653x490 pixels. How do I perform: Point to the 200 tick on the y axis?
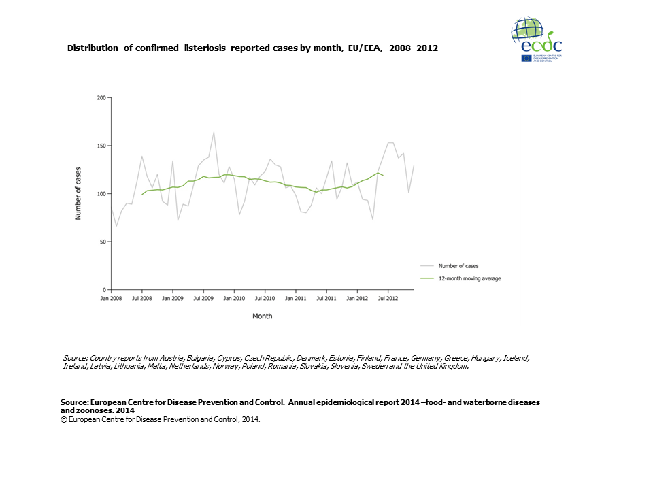pyautogui.click(x=101, y=98)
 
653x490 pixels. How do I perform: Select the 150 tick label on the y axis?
pyautogui.click(x=101, y=146)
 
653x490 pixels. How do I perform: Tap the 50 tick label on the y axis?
pyautogui.click(x=103, y=242)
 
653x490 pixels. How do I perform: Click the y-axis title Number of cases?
pyautogui.click(x=78, y=193)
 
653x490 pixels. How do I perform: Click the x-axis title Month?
pyautogui.click(x=262, y=316)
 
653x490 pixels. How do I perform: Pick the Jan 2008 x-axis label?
pyautogui.click(x=111, y=299)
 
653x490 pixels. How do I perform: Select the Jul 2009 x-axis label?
pyautogui.click(x=203, y=299)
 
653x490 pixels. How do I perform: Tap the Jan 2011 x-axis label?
pyautogui.click(x=295, y=299)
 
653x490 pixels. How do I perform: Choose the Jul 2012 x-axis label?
pyautogui.click(x=388, y=299)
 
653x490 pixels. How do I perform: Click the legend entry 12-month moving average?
pyautogui.click(x=470, y=278)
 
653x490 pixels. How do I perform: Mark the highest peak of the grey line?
pyautogui.click(x=214, y=132)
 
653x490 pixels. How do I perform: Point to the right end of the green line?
pyautogui.click(x=383, y=176)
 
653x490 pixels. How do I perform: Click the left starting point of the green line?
pyautogui.click(x=141, y=195)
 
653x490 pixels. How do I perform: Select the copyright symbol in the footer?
pyautogui.click(x=63, y=420)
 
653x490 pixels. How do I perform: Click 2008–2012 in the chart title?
pyautogui.click(x=414, y=48)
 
